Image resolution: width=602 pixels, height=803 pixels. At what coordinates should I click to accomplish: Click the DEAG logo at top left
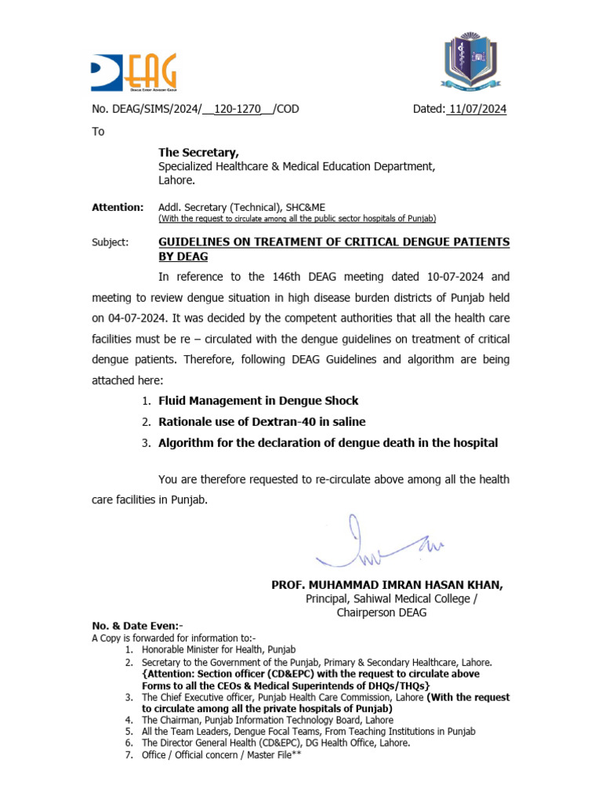point(133,72)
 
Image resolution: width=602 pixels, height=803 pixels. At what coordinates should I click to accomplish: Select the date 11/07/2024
point(477,109)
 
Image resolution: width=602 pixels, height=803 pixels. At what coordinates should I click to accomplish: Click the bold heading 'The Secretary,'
point(199,152)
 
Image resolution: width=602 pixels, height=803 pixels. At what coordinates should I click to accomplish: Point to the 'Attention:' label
point(118,207)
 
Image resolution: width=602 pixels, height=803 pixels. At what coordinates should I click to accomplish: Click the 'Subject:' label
point(111,242)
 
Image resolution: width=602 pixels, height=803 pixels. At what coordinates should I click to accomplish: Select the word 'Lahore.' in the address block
point(176,180)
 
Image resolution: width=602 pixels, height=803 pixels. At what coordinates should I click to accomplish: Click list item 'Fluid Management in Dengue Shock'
point(258,401)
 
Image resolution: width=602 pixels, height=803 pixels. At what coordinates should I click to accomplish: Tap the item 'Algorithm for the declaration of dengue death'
point(328,443)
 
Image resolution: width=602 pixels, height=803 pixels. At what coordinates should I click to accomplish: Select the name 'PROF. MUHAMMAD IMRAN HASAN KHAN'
point(387,585)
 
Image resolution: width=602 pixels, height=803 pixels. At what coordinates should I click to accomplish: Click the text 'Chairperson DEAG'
point(382,612)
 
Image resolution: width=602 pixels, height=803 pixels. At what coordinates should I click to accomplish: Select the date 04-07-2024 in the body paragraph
point(139,318)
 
